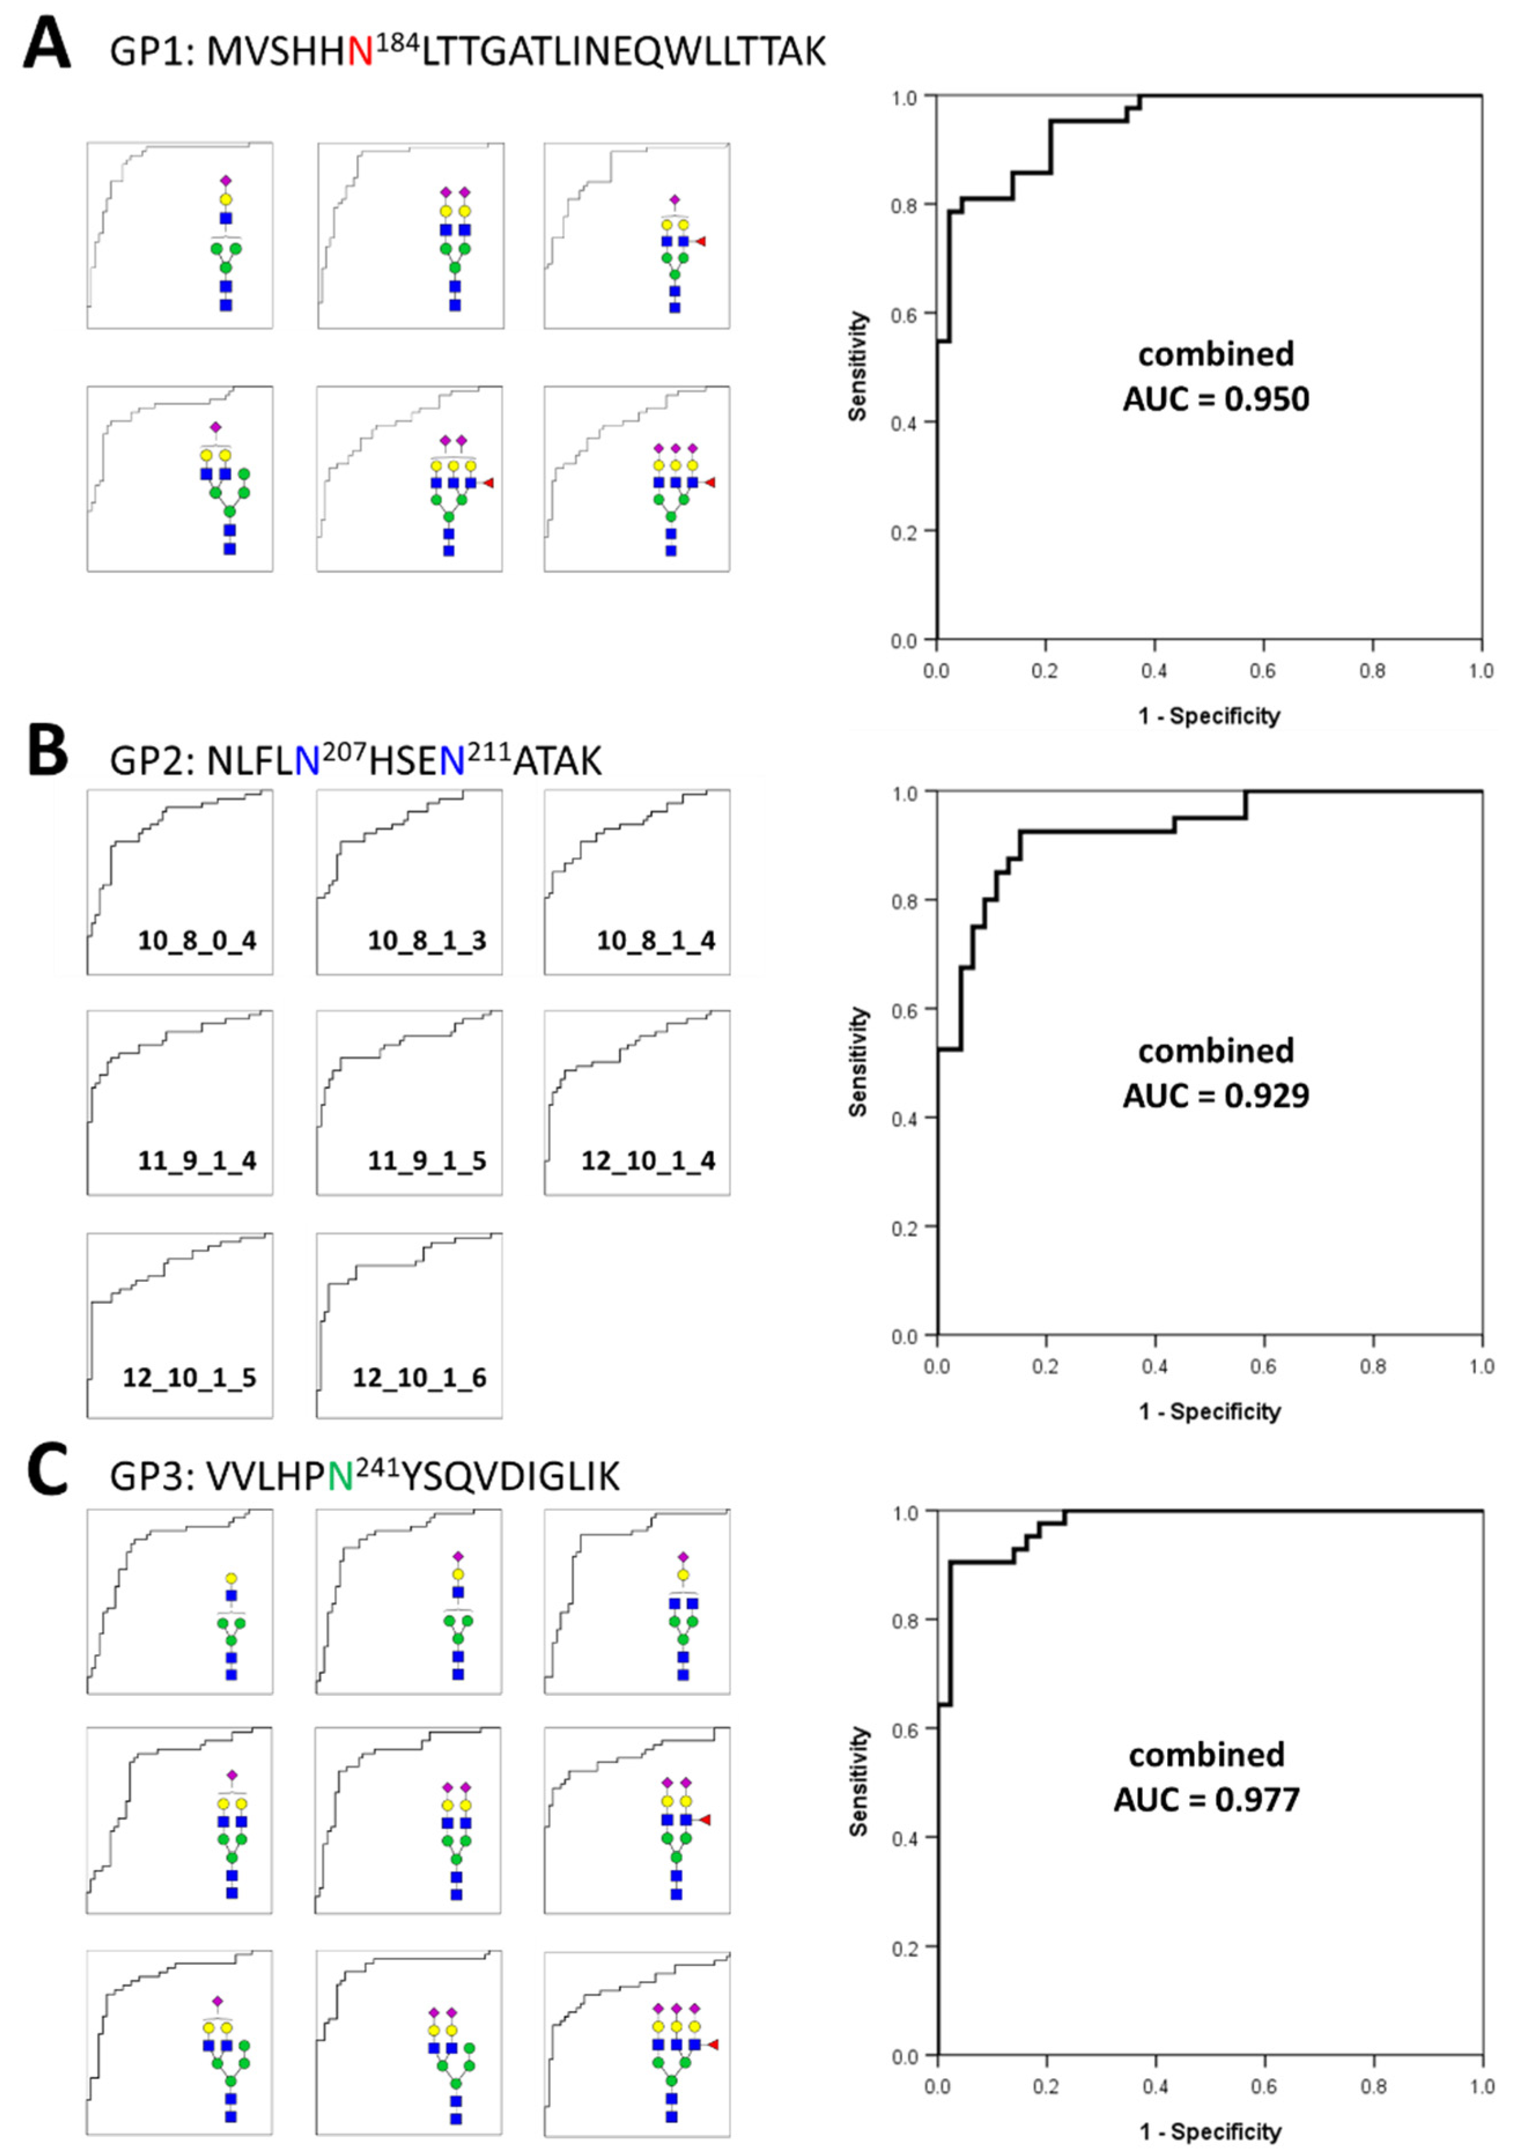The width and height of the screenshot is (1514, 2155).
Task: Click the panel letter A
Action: coord(47,46)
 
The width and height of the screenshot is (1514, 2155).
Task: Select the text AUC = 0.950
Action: coord(1216,399)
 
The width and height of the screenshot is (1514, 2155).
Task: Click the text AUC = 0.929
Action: coord(1216,1095)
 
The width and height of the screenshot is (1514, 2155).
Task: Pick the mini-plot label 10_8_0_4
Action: coord(197,941)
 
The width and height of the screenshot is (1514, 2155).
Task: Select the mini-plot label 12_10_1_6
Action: coord(420,1378)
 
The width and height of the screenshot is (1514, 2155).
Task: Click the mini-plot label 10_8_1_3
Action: coord(427,941)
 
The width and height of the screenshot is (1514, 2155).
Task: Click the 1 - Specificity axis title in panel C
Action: coord(1210,2131)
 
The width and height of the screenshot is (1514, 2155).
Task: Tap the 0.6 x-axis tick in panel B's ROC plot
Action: coord(1263,1366)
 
